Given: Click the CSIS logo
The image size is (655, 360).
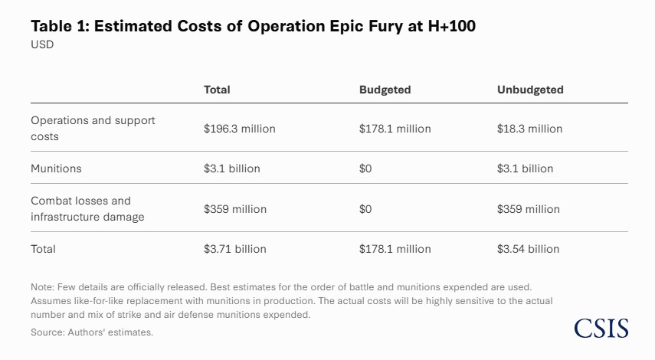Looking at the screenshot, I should (601, 329).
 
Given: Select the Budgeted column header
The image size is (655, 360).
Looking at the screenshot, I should (385, 90).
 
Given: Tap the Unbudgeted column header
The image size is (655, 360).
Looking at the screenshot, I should (530, 90).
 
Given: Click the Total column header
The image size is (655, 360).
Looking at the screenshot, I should (217, 90).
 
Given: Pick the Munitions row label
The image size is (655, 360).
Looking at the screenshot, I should (56, 168).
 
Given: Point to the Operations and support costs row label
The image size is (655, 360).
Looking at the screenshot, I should (92, 128).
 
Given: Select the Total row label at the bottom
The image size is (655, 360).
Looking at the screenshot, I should (43, 249).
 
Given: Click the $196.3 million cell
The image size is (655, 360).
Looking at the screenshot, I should (239, 129).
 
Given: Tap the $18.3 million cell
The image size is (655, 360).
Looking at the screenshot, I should (529, 129).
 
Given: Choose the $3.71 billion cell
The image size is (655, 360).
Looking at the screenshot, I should (234, 249).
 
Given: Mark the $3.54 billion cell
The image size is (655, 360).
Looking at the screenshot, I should (528, 249).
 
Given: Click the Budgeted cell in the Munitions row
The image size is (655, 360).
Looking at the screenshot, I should (365, 169).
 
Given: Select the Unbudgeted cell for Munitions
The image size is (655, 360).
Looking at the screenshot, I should (525, 169).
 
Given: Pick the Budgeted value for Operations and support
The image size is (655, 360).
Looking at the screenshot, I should (395, 129).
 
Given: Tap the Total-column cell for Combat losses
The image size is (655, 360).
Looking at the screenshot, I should (234, 209).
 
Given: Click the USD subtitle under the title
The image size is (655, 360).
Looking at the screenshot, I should (42, 44).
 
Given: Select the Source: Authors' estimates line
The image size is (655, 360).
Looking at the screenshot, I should (92, 332).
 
